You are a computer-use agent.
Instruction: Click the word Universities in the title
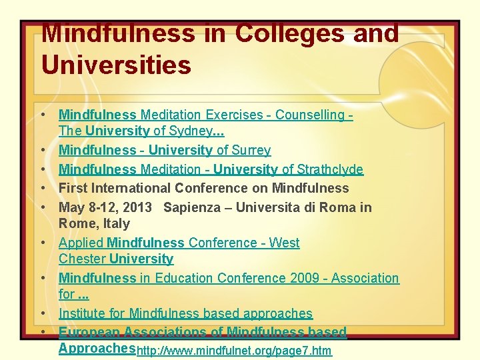(116, 65)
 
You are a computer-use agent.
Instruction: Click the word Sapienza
(191, 207)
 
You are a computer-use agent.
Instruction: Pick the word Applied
(81, 243)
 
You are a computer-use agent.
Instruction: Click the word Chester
(82, 259)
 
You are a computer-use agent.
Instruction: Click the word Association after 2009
(365, 278)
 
